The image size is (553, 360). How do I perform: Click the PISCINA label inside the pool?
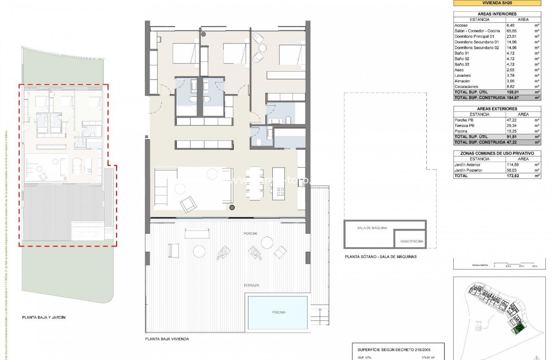coord(279,312)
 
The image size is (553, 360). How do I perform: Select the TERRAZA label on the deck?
coord(251,285)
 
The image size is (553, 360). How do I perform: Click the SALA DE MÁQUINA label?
coord(372,228)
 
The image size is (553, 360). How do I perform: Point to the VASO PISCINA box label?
coord(412,241)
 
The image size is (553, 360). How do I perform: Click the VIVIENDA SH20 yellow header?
coord(497,3)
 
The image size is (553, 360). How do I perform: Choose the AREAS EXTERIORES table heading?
coord(497,109)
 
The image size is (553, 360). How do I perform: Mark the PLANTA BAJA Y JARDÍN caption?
coord(44,318)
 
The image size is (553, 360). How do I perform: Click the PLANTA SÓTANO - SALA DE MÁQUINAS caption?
coord(380,257)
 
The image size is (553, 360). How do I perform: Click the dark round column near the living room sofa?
coord(232,207)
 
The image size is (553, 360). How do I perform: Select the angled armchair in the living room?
coord(188,204)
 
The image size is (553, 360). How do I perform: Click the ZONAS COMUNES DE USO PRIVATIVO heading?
coord(497,153)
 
